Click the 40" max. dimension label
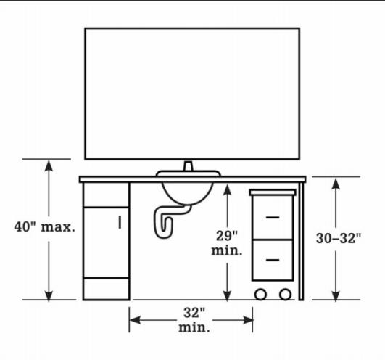(x=44, y=227)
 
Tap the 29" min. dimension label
(x=227, y=243)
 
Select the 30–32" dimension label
(x=339, y=238)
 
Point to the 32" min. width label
(x=194, y=320)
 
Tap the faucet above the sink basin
(x=189, y=166)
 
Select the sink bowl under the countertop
(x=188, y=193)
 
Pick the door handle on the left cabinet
(x=120, y=222)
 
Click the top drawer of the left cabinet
(x=106, y=195)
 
